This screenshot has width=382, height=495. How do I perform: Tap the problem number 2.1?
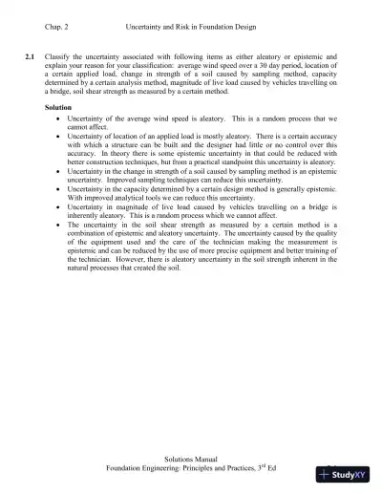(30, 58)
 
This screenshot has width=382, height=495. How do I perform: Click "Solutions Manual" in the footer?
(191, 460)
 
